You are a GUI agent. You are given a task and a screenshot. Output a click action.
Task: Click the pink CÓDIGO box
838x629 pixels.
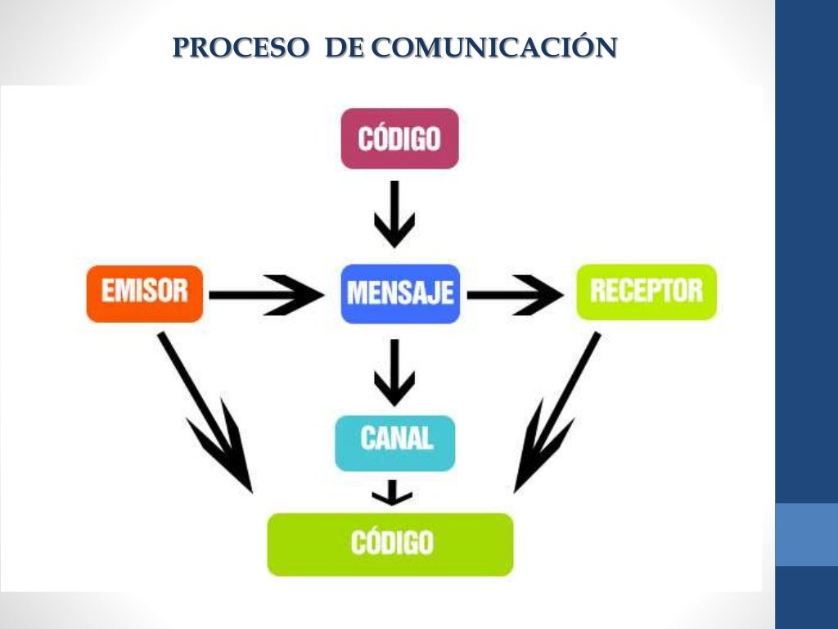399,138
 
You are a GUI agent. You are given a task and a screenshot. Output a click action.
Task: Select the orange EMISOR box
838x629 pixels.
145,292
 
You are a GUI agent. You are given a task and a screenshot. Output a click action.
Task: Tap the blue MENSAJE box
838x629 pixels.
400,293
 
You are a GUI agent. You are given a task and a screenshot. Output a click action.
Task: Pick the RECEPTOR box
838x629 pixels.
647,292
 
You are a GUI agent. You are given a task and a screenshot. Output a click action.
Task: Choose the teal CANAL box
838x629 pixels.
395,442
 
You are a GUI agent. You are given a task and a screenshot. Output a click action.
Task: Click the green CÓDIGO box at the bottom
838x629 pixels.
390,544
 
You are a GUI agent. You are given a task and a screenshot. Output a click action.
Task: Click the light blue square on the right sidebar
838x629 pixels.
806,534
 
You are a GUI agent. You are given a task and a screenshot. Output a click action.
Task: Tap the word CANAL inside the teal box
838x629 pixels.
396,439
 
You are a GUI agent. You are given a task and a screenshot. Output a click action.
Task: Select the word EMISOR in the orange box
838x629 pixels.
145,291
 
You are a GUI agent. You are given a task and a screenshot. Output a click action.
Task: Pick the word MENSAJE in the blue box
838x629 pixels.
400,293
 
